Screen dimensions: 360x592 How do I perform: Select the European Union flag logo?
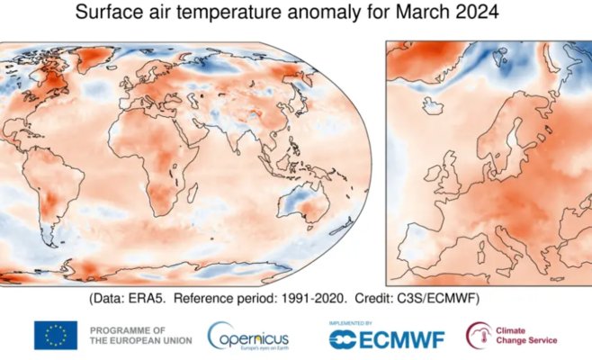(x=56, y=335)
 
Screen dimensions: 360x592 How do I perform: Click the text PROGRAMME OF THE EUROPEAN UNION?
(x=132, y=335)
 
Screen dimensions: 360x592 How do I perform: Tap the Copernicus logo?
(x=247, y=336)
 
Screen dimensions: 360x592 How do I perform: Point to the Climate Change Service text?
(x=526, y=335)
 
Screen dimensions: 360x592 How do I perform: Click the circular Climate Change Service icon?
(x=479, y=335)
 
